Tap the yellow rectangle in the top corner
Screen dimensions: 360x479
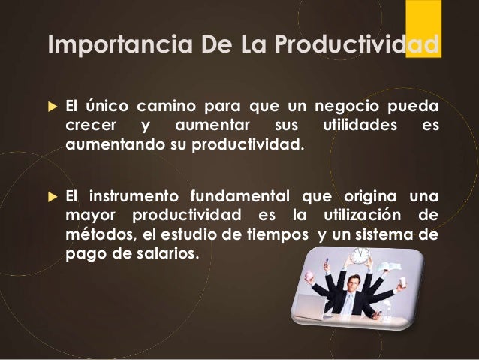pos(423,26)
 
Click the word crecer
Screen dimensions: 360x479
pos(86,123)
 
